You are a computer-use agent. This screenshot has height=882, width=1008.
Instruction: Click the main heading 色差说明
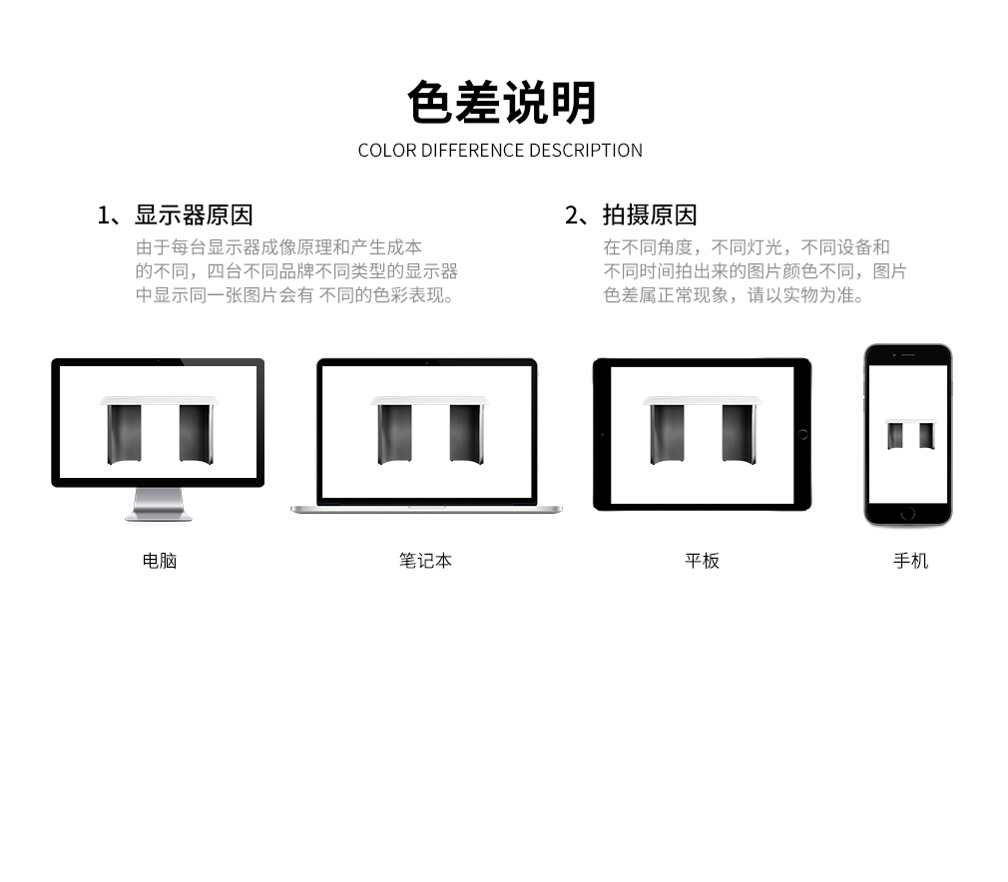(502, 102)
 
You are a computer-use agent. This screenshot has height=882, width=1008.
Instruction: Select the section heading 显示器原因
(194, 216)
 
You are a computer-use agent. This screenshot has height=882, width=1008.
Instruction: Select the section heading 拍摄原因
(650, 216)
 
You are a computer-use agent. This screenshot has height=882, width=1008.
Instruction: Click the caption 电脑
(160, 561)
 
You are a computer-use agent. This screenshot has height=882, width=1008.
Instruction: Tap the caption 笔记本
(425, 561)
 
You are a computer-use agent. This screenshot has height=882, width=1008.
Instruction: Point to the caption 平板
(702, 561)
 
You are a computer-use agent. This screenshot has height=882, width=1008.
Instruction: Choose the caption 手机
(911, 561)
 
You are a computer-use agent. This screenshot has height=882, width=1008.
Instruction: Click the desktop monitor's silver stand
(158, 505)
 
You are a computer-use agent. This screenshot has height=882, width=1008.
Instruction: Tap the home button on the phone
(908, 514)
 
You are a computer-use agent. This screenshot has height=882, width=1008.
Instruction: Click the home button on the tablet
(802, 435)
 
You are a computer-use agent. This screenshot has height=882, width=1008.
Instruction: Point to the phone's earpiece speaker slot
(908, 355)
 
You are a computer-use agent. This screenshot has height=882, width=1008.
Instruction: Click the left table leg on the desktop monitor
(124, 434)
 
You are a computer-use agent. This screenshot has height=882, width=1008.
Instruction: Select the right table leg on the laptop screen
(466, 434)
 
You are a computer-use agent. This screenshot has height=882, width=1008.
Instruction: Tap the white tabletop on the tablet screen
(702, 400)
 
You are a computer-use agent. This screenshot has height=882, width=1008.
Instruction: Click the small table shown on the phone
(910, 435)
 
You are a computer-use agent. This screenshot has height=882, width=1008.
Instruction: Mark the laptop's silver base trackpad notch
(426, 507)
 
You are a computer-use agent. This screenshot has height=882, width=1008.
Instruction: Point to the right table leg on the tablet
(739, 434)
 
